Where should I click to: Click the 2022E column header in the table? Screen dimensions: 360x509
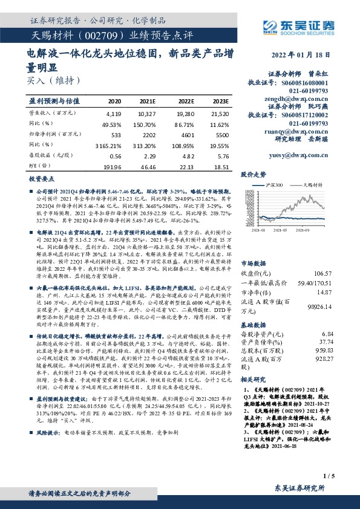185,102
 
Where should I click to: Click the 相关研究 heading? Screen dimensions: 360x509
254,379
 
